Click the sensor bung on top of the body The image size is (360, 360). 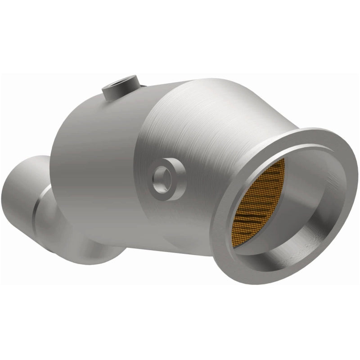[121, 89]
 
